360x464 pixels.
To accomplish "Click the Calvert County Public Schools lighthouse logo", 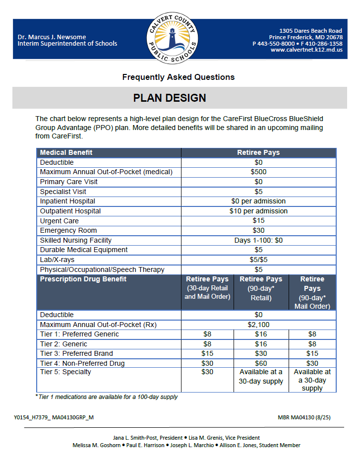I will [x=173, y=39].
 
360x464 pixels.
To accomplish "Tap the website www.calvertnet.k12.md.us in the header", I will [x=306, y=50].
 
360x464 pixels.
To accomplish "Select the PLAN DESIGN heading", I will [x=170, y=98].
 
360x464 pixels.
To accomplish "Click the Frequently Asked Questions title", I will [x=178, y=77].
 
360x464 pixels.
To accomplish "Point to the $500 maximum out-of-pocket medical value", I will [x=258, y=172].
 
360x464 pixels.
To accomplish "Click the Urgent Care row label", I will [x=59, y=221].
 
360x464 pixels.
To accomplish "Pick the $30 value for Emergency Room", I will [x=258, y=230].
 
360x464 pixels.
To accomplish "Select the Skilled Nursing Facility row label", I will [x=75, y=240].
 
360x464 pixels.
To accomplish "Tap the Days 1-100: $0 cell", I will [x=258, y=240].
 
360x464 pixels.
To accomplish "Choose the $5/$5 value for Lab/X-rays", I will [x=258, y=260].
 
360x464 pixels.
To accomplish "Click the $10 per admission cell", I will [x=258, y=211].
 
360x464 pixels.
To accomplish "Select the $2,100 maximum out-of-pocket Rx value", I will [x=258, y=325].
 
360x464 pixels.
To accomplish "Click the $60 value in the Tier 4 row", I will [x=261, y=363].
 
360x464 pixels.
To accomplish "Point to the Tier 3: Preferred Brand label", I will [x=76, y=354].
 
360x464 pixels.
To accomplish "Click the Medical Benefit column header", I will [x=66, y=153].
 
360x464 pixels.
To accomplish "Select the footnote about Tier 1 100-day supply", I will [x=106, y=397].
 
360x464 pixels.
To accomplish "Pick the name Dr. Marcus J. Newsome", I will [x=51, y=37].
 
